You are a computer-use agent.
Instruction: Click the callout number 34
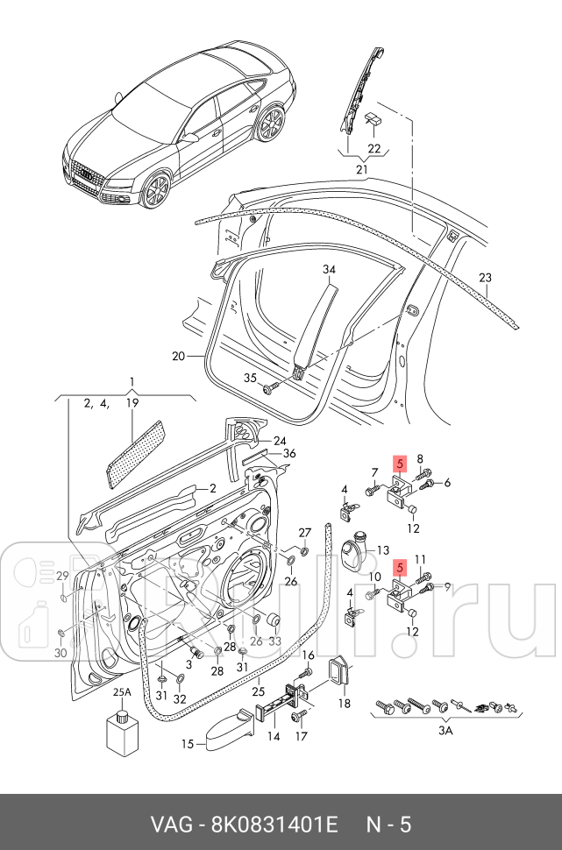point(329,270)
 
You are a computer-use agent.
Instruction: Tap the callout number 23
point(486,278)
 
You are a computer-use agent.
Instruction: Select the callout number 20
point(179,357)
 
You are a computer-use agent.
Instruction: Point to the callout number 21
point(362,169)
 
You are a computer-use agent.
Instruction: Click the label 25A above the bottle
point(121,692)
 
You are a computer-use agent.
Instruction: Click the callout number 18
point(344,703)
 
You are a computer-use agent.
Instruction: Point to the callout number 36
point(289,453)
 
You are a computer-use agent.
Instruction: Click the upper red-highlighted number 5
point(400,464)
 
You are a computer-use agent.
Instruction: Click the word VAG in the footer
point(172,824)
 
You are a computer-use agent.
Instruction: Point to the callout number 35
point(250,379)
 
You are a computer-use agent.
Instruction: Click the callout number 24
point(280,441)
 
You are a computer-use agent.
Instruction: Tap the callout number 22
point(374,148)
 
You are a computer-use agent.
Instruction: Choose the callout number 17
point(302,736)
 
